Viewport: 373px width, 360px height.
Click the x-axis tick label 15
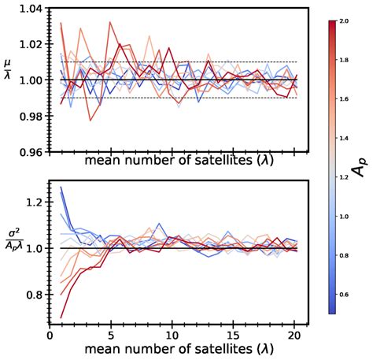(x=237, y=334)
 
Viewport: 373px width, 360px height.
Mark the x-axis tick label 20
(x=300, y=334)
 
